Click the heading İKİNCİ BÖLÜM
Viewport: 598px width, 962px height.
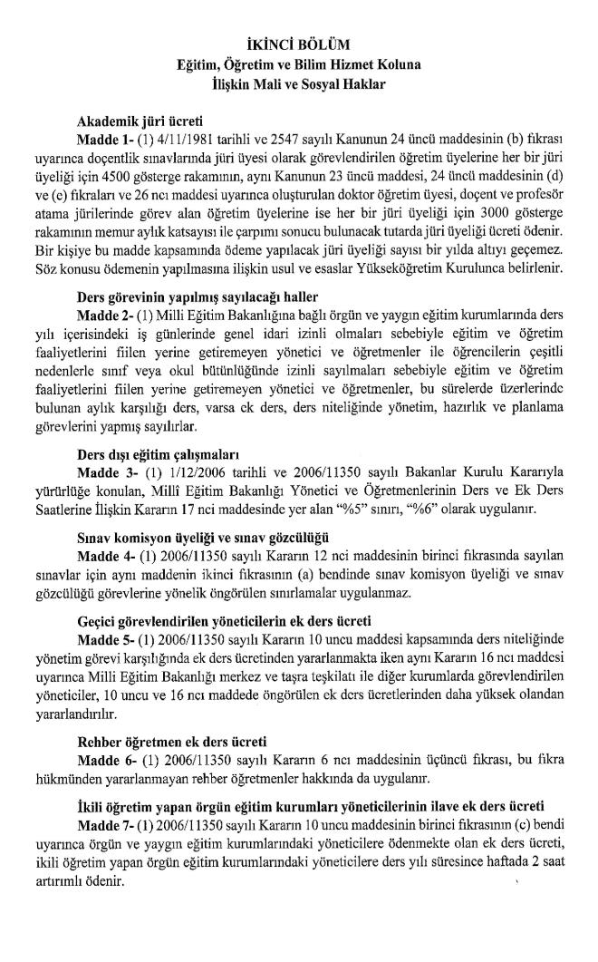pos(298,43)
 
